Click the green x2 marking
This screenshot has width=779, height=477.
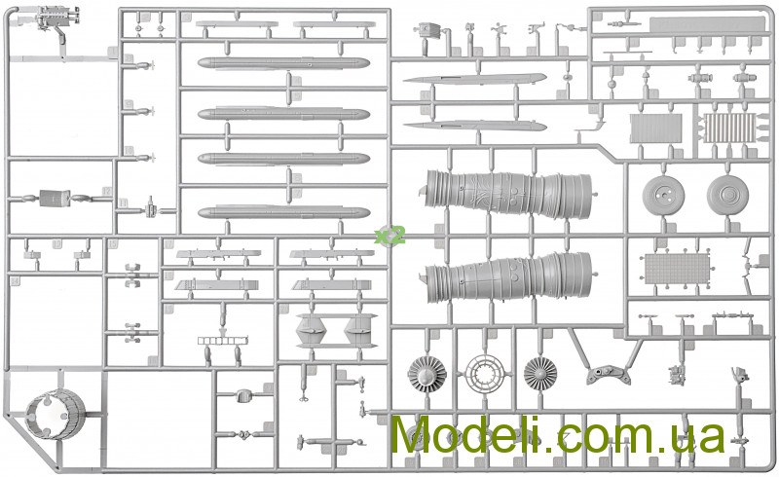[390, 235]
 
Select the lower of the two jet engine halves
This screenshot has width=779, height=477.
[508, 277]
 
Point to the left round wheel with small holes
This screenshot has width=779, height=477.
[663, 195]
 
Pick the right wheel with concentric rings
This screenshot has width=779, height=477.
[727, 195]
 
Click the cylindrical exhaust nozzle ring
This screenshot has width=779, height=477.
[56, 415]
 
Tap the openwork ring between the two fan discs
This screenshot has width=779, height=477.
[484, 374]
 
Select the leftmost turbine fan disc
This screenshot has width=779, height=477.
[427, 374]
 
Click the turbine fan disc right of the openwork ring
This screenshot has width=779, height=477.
[540, 374]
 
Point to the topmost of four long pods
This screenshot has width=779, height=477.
[283, 63]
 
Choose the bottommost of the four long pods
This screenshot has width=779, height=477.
[283, 212]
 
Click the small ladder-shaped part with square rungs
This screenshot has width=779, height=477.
[223, 341]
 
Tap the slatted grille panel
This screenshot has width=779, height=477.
[729, 128]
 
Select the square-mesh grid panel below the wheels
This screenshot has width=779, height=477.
[677, 269]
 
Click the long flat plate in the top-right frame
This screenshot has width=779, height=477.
[707, 25]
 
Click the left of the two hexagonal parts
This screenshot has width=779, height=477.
[309, 330]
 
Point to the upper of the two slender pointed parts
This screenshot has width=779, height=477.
[474, 79]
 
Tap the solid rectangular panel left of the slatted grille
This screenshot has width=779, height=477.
[655, 128]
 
